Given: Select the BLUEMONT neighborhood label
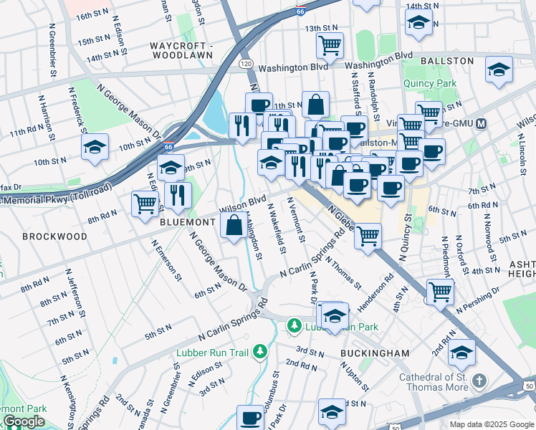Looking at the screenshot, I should (x=188, y=223).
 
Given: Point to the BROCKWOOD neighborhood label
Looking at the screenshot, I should (x=54, y=236).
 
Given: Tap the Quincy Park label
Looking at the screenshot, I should (x=431, y=83).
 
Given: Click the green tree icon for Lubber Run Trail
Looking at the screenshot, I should (x=262, y=350).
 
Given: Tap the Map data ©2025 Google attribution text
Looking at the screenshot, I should (x=491, y=424).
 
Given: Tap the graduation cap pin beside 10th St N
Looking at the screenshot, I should (x=95, y=147).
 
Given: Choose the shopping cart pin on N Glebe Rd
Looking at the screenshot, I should (x=368, y=235).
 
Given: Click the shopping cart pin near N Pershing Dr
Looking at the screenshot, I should (x=439, y=290).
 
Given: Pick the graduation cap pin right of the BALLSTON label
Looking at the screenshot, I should (x=499, y=70).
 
